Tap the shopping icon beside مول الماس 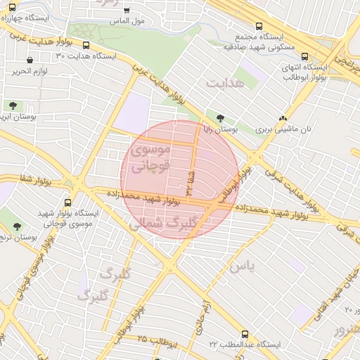pyautogui.click(x=127, y=11)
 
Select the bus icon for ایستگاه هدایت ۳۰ pyautogui.click(x=86, y=45)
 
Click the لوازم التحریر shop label pyautogui.click(x=33, y=71)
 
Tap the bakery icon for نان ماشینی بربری pyautogui.click(x=283, y=119)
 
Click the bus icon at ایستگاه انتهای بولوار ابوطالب pyautogui.click(x=304, y=58)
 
